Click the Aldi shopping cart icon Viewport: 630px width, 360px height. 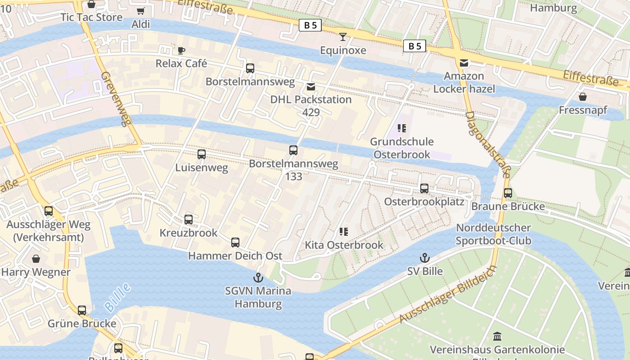click(x=141, y=11)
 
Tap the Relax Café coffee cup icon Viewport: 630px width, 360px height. click(x=181, y=50)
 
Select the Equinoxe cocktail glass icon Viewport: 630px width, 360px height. click(x=343, y=37)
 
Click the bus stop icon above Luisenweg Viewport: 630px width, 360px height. click(x=202, y=154)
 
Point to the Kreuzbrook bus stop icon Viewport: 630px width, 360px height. click(x=189, y=220)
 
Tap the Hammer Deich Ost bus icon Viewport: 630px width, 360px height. click(x=235, y=243)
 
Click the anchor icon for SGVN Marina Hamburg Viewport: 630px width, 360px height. click(x=258, y=277)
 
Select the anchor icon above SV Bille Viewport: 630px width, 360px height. click(x=424, y=258)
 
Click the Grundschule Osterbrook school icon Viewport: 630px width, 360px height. click(x=402, y=128)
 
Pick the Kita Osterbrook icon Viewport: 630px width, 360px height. click(x=344, y=232)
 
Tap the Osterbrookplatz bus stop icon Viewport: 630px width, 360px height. click(x=424, y=189)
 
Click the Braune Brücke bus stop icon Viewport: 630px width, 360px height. click(x=508, y=193)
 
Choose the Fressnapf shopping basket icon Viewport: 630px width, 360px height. click(x=583, y=97)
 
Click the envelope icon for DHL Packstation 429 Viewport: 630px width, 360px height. click(x=311, y=86)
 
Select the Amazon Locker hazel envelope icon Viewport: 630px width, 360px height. click(x=464, y=63)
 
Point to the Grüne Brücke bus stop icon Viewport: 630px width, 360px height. click(x=82, y=310)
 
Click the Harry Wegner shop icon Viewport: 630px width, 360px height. click(x=36, y=259)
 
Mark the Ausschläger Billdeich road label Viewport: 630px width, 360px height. click(x=448, y=294)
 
